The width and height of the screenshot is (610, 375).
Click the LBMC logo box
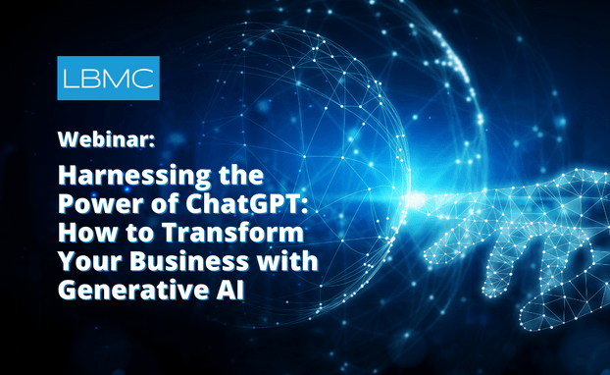[x=108, y=78]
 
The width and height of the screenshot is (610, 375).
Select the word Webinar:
[x=104, y=139]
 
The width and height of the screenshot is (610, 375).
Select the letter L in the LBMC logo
[x=76, y=79]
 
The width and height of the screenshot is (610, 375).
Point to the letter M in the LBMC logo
[x=118, y=79]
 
